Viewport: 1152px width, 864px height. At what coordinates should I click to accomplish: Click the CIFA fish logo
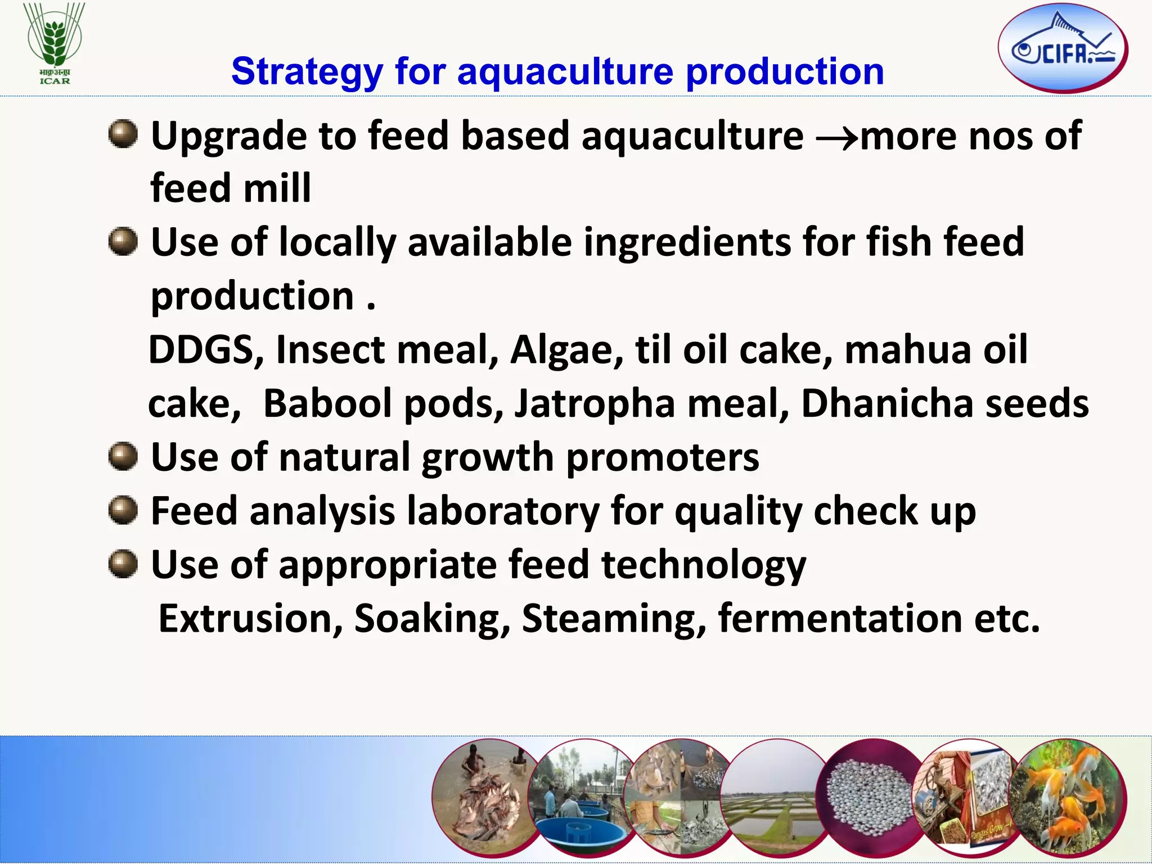point(1063,48)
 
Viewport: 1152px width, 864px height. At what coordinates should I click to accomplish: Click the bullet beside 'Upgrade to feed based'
point(123,134)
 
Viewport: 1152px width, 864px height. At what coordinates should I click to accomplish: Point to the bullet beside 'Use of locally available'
point(123,241)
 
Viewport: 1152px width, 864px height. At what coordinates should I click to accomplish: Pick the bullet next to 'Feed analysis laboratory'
point(123,510)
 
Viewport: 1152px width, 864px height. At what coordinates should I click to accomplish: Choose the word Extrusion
point(251,618)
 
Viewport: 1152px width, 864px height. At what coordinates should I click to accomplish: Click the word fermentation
point(840,618)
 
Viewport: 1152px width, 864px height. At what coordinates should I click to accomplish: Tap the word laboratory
point(503,512)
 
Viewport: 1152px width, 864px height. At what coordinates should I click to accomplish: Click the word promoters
point(663,458)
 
